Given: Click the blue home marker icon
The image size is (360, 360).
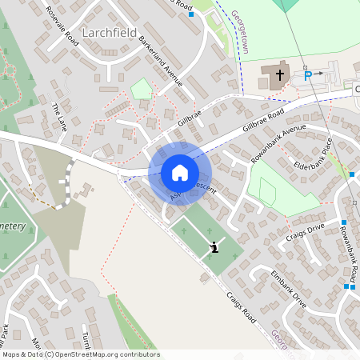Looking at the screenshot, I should (x=180, y=172).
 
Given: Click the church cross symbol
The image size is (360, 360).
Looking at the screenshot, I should (x=280, y=76).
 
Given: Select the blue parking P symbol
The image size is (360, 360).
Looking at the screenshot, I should (x=307, y=76).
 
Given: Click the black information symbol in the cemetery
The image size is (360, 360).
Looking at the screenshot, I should (x=214, y=248).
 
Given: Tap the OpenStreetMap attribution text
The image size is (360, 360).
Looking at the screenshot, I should (x=80, y=354).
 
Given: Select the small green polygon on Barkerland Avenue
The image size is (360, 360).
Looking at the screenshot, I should (x=142, y=88).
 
